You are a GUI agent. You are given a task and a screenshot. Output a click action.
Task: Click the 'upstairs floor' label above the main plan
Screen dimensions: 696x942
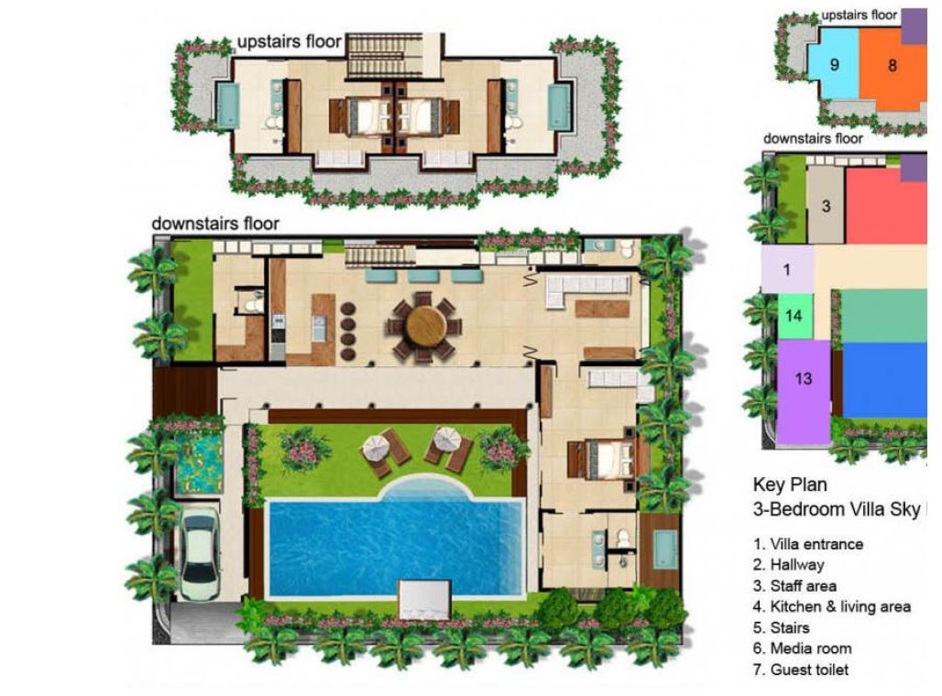coord(290,41)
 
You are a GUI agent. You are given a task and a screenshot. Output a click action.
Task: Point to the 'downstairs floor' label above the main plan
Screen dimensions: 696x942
coord(215,223)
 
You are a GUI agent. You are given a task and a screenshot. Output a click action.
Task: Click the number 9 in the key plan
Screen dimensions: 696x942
coord(835,64)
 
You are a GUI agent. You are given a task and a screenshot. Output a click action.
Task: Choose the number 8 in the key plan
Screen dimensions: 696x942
coord(893,64)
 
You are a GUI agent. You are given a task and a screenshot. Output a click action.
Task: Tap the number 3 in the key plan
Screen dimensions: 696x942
coord(826,207)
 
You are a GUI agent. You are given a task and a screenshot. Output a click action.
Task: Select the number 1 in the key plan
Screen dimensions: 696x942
coord(786,270)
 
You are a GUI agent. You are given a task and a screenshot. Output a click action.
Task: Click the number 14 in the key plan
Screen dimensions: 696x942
coord(794,316)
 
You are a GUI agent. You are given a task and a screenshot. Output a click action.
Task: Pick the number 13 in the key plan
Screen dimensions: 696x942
coord(803,378)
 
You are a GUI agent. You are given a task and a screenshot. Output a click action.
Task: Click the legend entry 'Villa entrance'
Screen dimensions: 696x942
coord(808,544)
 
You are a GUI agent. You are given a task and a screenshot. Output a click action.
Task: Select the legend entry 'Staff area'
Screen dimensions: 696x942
coord(794,586)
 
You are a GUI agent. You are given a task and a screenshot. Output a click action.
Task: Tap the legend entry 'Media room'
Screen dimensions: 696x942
coord(802,648)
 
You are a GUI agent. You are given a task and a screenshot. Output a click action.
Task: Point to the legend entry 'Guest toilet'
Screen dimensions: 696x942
coord(801,669)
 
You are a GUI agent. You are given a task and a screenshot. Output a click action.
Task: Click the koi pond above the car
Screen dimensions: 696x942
coord(199,464)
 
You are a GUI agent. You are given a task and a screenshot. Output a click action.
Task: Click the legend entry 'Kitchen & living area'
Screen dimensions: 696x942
coord(831,606)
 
